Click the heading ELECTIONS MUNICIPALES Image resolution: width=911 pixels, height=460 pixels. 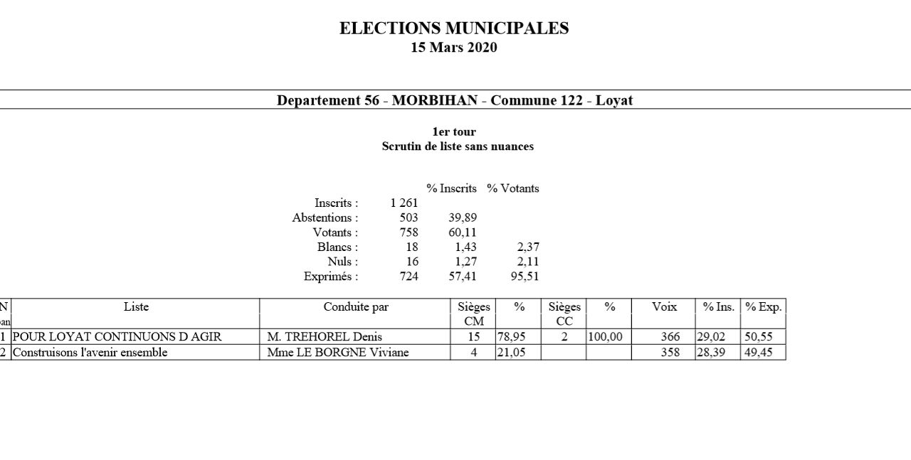click(454, 28)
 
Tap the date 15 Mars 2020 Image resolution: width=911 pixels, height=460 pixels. click(454, 48)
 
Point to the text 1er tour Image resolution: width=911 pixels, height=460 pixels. click(454, 132)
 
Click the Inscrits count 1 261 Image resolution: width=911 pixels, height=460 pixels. click(404, 203)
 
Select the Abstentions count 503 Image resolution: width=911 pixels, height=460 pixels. click(409, 218)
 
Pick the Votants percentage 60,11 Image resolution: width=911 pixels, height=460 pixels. click(462, 232)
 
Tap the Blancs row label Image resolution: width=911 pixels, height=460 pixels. click(337, 247)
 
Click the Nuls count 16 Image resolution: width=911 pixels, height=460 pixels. click(411, 262)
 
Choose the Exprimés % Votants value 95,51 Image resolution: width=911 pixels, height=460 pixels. click(525, 277)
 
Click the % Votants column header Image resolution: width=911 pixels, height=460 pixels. click(512, 188)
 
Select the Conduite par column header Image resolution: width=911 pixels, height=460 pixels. click(356, 307)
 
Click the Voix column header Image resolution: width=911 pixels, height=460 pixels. click(664, 307)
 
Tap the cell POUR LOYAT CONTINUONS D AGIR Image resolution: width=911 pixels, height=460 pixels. click(117, 337)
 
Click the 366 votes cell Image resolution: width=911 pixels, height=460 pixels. click(670, 337)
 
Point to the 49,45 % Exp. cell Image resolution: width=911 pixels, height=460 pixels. click(759, 352)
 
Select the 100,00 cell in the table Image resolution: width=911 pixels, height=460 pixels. click(605, 337)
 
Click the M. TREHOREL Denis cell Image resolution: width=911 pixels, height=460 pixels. click(325, 337)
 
